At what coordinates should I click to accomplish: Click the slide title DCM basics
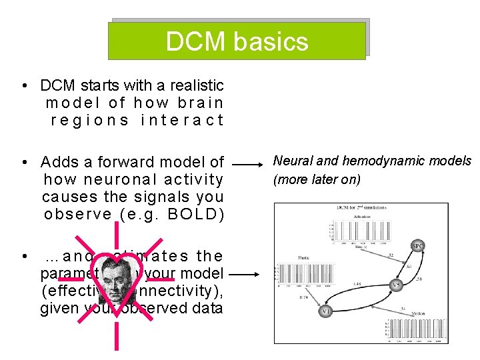237,41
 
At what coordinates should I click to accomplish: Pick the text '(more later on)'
317,179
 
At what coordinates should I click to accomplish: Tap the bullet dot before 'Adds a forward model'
23,162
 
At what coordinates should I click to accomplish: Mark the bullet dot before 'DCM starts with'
23,85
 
